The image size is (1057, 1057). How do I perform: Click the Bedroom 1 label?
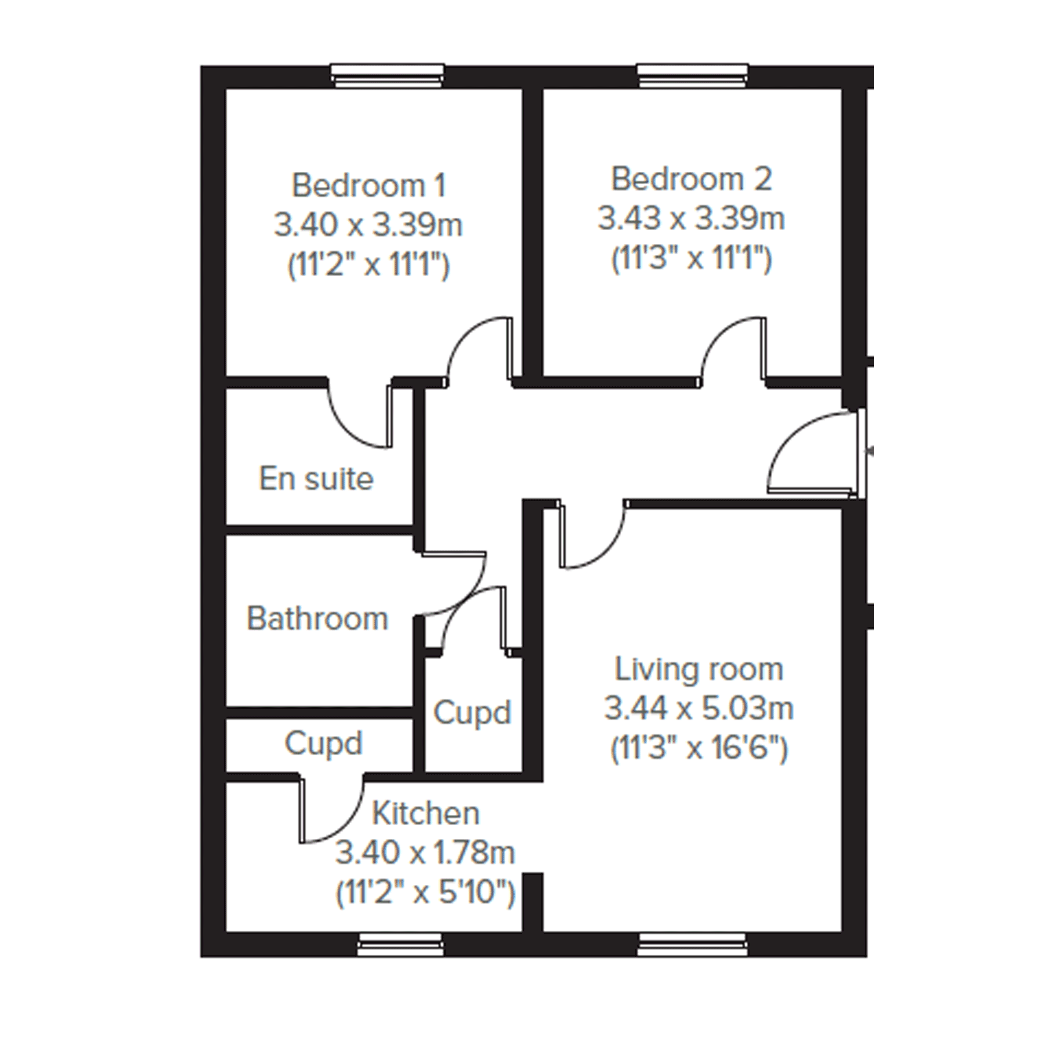tap(369, 185)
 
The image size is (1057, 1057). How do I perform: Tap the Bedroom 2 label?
tap(692, 179)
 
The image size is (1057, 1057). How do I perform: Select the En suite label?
tap(316, 479)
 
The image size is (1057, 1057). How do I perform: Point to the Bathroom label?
tap(318, 619)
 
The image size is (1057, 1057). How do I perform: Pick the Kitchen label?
tap(425, 814)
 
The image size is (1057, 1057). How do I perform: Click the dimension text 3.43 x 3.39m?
tap(692, 218)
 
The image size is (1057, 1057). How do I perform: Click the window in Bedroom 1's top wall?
tap(387, 76)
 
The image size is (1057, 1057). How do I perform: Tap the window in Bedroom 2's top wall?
tap(693, 76)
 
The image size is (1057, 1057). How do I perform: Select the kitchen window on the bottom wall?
tap(399, 945)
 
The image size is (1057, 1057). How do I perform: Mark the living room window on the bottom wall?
tap(693, 945)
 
